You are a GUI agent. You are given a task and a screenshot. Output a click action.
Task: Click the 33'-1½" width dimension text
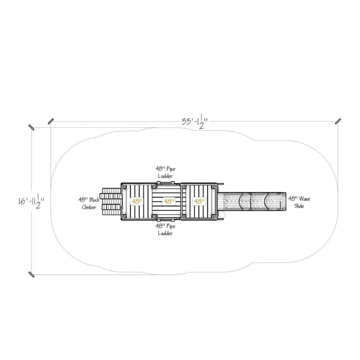195,121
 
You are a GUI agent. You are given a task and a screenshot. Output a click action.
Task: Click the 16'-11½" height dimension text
31,201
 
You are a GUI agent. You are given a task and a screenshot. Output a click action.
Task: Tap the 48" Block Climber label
89,203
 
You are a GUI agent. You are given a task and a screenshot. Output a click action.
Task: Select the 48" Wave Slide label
299,202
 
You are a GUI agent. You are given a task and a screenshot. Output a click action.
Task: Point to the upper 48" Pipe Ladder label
165,172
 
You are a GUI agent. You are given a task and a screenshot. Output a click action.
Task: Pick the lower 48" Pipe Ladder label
165,230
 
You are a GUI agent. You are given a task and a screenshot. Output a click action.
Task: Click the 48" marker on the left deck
136,201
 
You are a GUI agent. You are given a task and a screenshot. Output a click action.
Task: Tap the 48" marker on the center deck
168,201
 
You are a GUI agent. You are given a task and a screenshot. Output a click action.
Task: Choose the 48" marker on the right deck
199,201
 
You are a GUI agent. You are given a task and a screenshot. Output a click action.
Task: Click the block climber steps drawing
112,202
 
